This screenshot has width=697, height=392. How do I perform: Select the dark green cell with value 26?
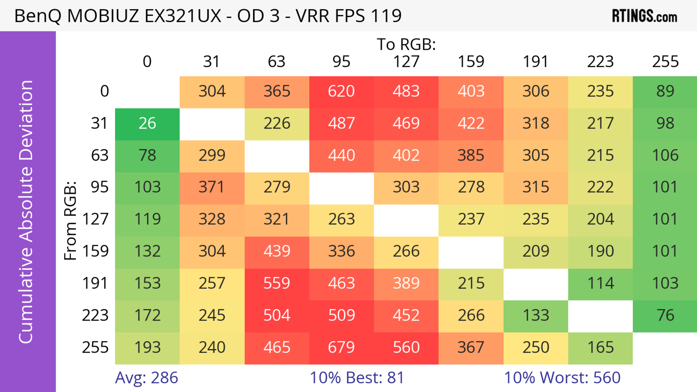(x=147, y=124)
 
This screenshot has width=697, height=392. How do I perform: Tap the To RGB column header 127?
(x=406, y=62)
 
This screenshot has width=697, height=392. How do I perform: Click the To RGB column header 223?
(x=600, y=62)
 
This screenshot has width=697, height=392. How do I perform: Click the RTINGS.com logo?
(x=645, y=16)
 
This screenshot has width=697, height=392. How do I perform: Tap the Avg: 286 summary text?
(x=146, y=378)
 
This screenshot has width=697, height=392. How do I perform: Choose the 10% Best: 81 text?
(x=357, y=378)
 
